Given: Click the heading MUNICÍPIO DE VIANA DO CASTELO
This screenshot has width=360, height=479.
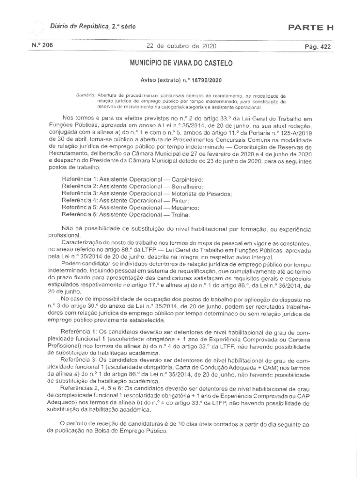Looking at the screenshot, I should coord(180,62).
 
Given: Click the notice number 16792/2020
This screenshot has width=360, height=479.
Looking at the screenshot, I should coord(202,80).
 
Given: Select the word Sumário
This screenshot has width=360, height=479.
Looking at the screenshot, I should coord(85,95).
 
